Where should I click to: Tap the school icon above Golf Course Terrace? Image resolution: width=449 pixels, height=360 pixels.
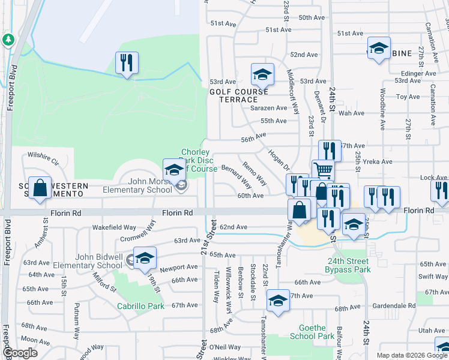coord(262,74)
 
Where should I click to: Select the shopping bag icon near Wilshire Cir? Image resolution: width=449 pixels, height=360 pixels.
coord(40,188)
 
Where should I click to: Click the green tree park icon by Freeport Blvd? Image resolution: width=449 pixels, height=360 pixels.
coord(8,40)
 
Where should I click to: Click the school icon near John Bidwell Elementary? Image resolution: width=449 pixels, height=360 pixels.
coord(145,259)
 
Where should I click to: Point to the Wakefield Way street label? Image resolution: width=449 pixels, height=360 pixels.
coord(114,227)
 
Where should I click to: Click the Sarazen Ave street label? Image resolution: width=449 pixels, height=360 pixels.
coord(269,108)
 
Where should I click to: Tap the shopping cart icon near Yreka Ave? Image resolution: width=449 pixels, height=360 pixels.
coord(323,170)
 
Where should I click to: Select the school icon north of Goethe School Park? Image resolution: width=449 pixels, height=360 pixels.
coord(278,302)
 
